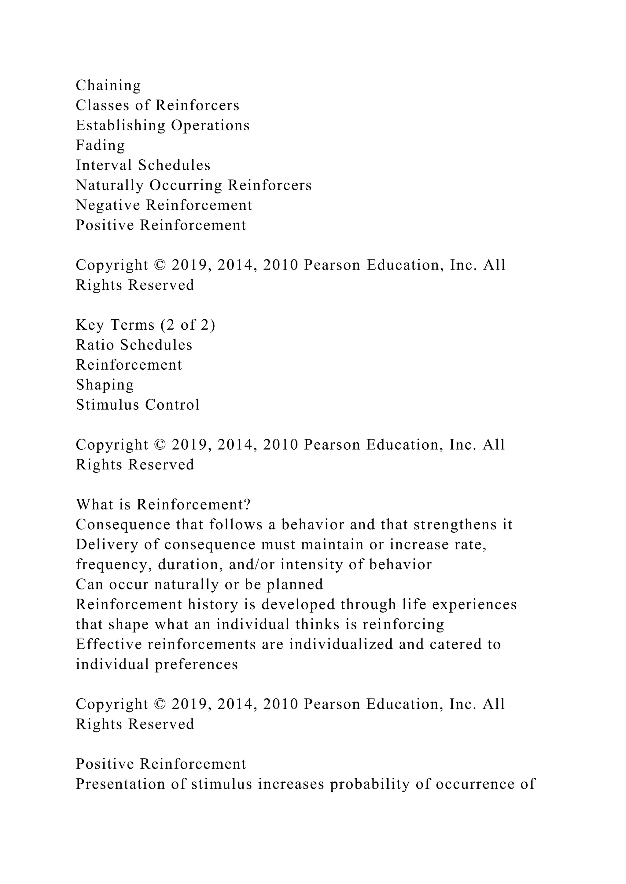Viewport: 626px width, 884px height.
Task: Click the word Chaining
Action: pyautogui.click(x=108, y=85)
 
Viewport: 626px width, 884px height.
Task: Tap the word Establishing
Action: pyautogui.click(x=120, y=125)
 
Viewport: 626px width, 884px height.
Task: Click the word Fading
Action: pyautogui.click(x=100, y=145)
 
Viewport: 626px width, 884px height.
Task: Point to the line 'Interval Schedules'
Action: pyautogui.click(x=143, y=165)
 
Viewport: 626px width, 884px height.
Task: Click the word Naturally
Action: pyautogui.click(x=109, y=185)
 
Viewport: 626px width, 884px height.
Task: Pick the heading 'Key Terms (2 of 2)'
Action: pyautogui.click(x=145, y=325)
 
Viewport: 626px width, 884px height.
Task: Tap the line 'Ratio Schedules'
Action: pyautogui.click(x=134, y=345)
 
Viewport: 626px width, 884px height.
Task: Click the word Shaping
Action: pyautogui.click(x=105, y=385)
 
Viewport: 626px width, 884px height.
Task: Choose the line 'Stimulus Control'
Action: pyautogui.click(x=138, y=405)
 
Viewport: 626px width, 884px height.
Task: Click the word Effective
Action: pyautogui.click(x=109, y=644)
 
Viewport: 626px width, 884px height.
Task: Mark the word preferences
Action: pyautogui.click(x=197, y=665)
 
